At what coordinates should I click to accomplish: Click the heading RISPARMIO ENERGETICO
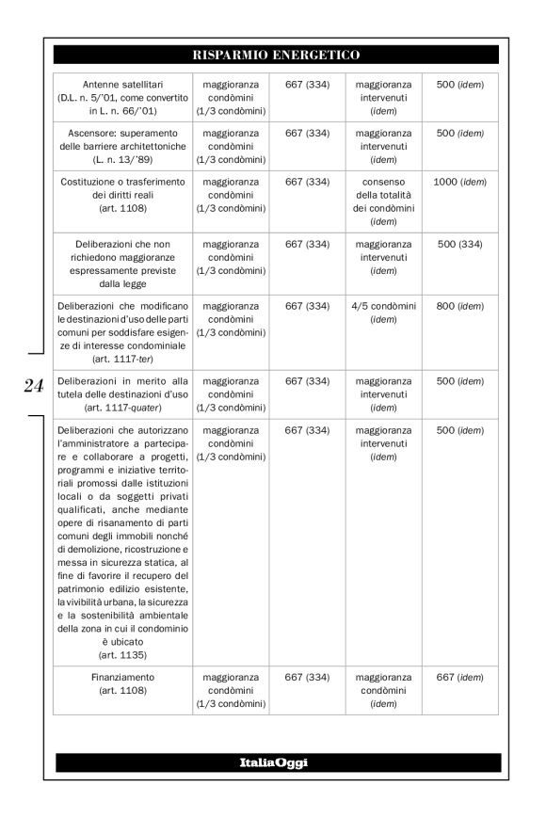(276, 55)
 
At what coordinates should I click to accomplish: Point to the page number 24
(33, 386)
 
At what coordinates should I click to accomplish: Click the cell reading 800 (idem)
(460, 306)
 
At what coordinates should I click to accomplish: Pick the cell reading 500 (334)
(460, 244)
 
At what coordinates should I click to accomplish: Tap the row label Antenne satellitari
(122, 84)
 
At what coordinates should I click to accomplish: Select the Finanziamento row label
(122, 676)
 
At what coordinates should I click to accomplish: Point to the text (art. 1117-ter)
(122, 359)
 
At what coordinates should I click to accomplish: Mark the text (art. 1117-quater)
(122, 407)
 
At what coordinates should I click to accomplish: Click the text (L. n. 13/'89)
(122, 159)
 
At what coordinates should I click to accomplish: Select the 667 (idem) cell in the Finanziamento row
(460, 676)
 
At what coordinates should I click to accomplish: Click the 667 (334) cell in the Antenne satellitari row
(307, 84)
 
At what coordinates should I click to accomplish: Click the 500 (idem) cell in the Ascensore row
(460, 134)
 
